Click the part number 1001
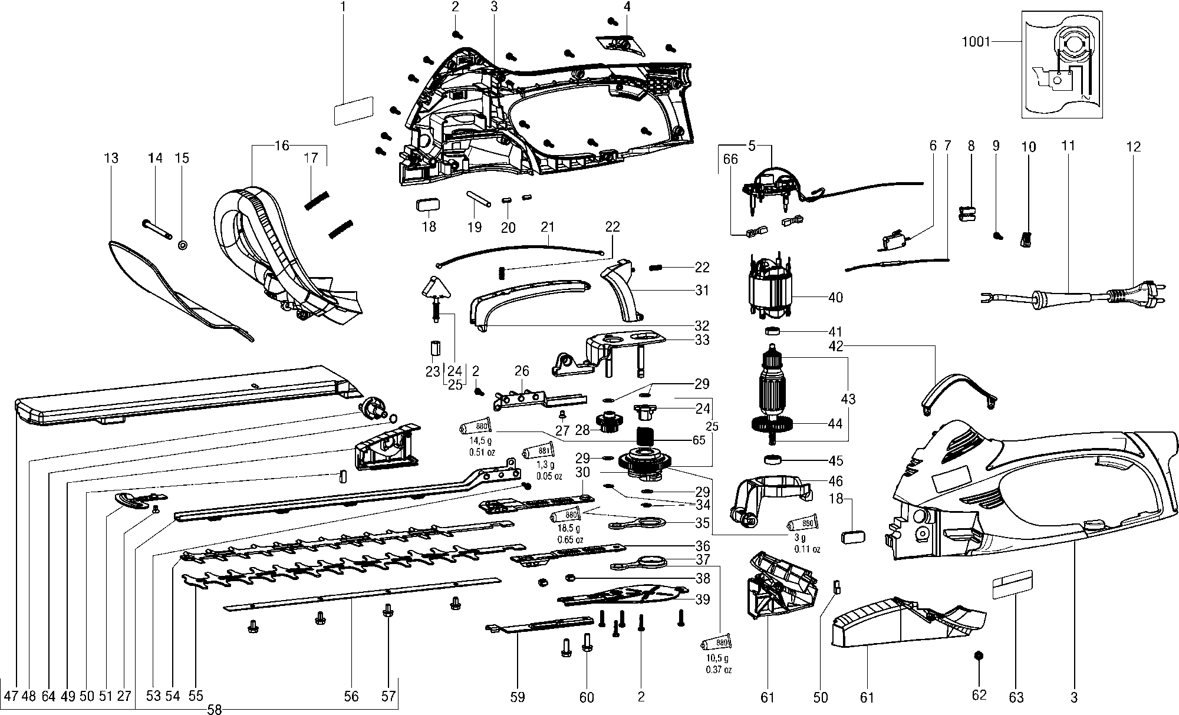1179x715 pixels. tap(975, 42)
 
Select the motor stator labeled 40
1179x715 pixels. tap(770, 293)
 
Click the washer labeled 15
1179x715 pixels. tap(182, 243)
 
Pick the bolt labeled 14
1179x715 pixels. tap(157, 230)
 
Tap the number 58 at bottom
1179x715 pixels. tap(215, 710)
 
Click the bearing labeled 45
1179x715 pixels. tap(773, 460)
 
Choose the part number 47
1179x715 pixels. tap(10, 696)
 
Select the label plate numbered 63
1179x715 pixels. tap(1013, 584)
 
